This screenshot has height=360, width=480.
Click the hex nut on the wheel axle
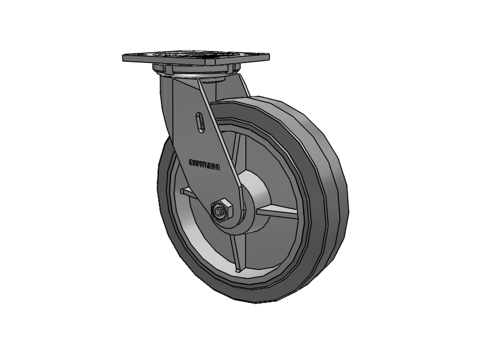pyautogui.click(x=221, y=209)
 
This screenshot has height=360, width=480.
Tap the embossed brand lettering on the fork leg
pyautogui.click(x=205, y=164)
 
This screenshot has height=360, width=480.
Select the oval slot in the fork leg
pyautogui.click(x=200, y=121)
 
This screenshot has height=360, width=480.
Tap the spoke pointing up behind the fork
pyautogui.click(x=234, y=147)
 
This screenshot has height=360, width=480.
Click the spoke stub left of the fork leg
pyautogui.click(x=187, y=192)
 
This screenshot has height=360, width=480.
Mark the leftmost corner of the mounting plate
pyautogui.click(x=124, y=59)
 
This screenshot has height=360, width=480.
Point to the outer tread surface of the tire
pyautogui.click(x=336, y=198)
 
